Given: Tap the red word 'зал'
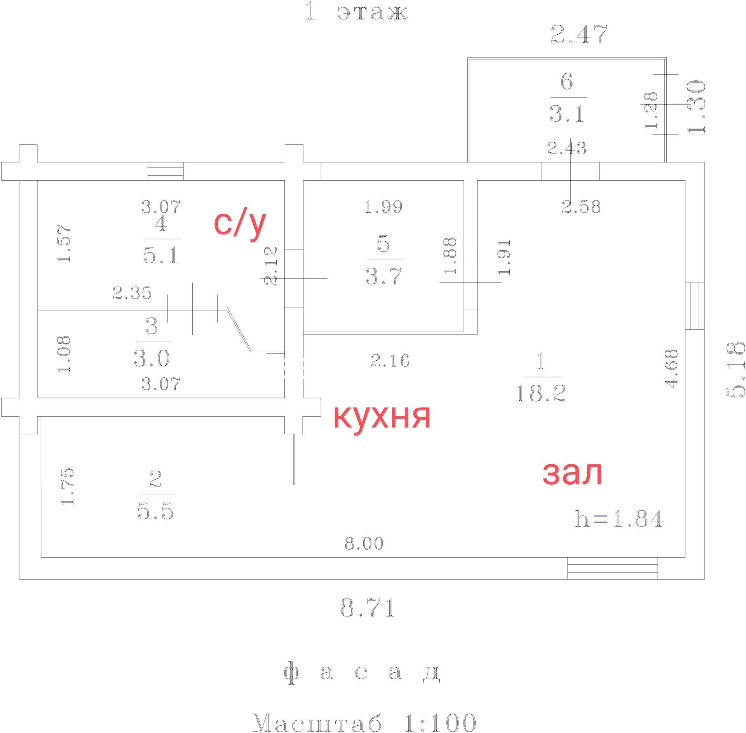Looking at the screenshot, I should click(572, 473).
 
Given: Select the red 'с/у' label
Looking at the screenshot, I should click(240, 223).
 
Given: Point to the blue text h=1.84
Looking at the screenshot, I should click(619, 519).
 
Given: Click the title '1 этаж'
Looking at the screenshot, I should click(356, 12).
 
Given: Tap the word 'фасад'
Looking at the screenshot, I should click(362, 673).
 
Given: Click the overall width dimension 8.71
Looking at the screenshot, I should click(368, 607).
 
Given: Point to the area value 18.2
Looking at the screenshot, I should click(540, 393).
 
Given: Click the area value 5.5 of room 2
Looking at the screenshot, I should click(155, 511).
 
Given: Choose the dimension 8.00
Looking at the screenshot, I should click(364, 543).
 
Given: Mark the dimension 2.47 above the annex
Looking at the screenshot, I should click(579, 34).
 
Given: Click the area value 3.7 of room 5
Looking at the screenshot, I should click(383, 276).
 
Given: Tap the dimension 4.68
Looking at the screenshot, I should click(671, 368).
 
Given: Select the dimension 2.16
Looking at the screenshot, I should click(390, 361).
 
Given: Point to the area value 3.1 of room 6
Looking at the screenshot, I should click(567, 114).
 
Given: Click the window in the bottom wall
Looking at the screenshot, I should click(612, 568).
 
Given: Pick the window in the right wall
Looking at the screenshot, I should click(694, 306).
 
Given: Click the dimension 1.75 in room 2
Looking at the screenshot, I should click(67, 487).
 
